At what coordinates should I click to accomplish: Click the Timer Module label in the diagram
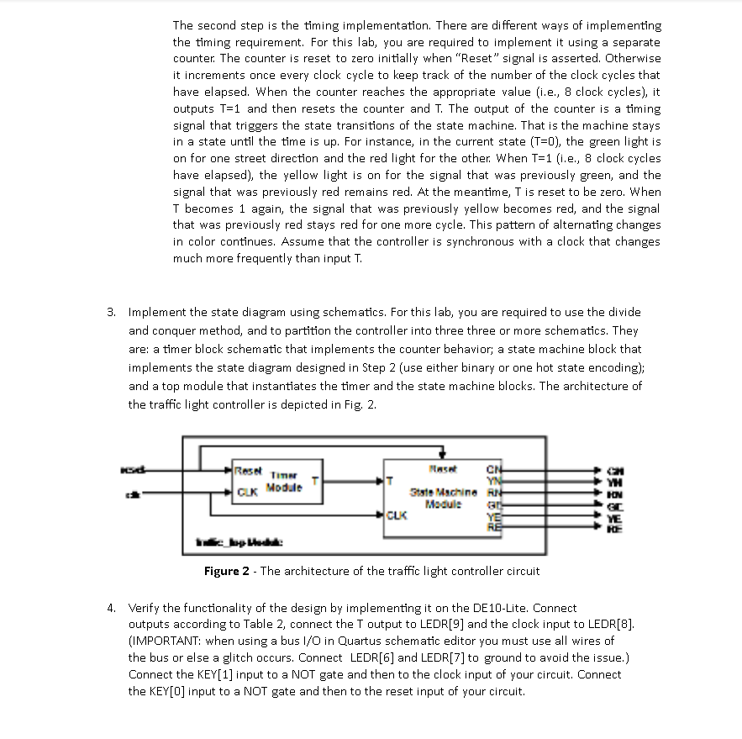click(282, 482)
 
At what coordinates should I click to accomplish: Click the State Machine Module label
click(444, 497)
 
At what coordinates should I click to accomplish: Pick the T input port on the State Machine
click(390, 480)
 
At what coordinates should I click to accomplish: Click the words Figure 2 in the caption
click(227, 572)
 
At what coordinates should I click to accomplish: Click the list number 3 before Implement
click(111, 312)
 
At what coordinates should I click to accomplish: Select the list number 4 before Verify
click(111, 608)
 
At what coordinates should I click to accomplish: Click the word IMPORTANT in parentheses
click(165, 641)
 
